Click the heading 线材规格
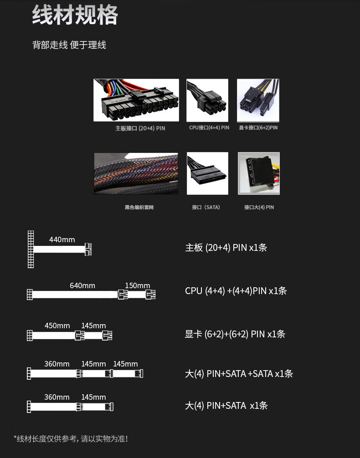pyautogui.click(x=75, y=15)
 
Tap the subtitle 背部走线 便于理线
pyautogui.click(x=69, y=45)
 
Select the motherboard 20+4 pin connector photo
pyautogui.click(x=136, y=100)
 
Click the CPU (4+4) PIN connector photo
pyautogui.click(x=207, y=100)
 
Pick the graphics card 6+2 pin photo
pyautogui.click(x=258, y=100)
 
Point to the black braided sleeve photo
pyautogui.click(x=136, y=173)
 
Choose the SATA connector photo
pyautogui.click(x=207, y=173)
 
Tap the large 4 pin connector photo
pyautogui.click(x=258, y=173)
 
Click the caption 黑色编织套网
pyautogui.click(x=139, y=208)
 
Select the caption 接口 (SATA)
pyautogui.click(x=206, y=208)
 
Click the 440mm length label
pyautogui.click(x=62, y=240)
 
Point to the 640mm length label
pyautogui.click(x=82, y=286)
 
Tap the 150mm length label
pyautogui.click(x=137, y=286)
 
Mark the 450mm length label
pyautogui.click(x=57, y=326)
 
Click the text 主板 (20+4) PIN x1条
pyautogui.click(x=226, y=248)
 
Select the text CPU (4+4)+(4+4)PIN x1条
pyautogui.click(x=236, y=291)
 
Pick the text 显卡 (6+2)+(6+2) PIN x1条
pyautogui.click(x=235, y=334)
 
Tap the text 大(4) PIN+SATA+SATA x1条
pyautogui.click(x=239, y=374)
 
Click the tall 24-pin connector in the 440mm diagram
pyautogui.click(x=31, y=249)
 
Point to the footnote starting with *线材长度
pyautogui.click(x=71, y=439)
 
